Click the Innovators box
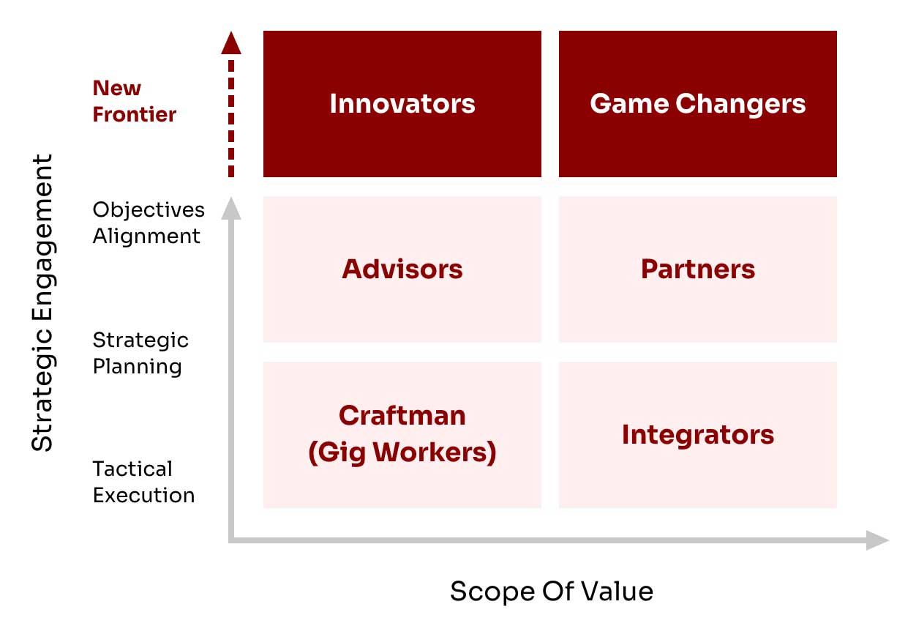click(x=402, y=103)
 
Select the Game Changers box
click(x=698, y=103)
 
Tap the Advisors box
click(x=402, y=269)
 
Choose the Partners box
click(x=698, y=269)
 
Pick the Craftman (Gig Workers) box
click(x=402, y=435)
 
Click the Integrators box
click(x=698, y=435)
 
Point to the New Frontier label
click(x=134, y=101)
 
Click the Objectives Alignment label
click(x=149, y=223)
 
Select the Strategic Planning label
click(x=140, y=354)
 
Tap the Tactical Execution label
click(x=143, y=482)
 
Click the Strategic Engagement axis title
click(x=42, y=302)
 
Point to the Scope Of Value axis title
click(x=552, y=592)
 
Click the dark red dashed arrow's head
click(x=231, y=43)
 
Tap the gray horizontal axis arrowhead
click(x=877, y=540)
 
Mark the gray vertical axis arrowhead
click(x=231, y=208)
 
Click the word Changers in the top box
click(x=740, y=104)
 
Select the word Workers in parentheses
click(x=435, y=453)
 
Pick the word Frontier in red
click(x=134, y=114)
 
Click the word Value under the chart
click(x=617, y=592)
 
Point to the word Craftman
click(x=402, y=416)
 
